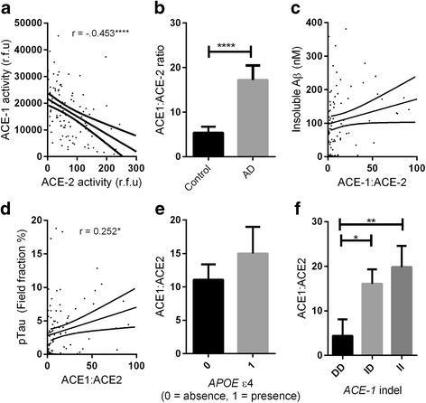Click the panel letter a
[x=7, y=10]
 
